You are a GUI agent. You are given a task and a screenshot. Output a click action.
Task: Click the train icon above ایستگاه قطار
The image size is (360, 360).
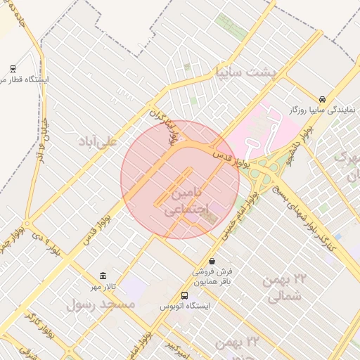click(13, 68)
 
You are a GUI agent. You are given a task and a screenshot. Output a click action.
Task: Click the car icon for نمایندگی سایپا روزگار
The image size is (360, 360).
click(322, 100)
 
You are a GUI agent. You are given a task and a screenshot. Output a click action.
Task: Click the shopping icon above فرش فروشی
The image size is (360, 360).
click(212, 261)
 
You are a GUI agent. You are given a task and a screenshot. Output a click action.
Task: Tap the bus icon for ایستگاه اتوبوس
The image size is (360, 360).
click(185, 296)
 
